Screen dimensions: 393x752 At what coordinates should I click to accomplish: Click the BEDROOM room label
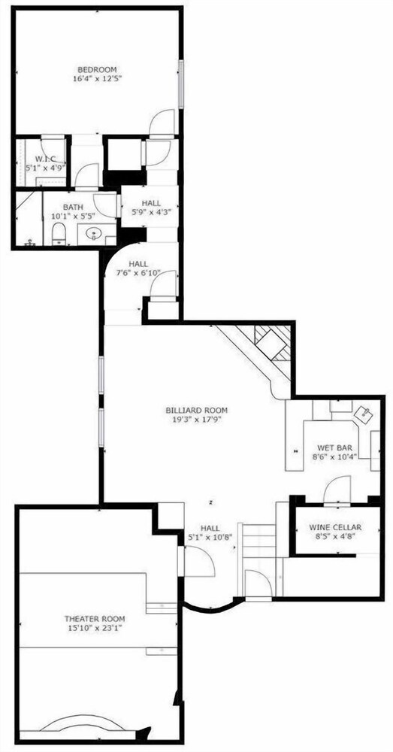click(x=97, y=69)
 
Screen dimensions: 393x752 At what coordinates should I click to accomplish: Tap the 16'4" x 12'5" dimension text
click(x=97, y=79)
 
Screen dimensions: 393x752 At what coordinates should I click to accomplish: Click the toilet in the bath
click(x=59, y=234)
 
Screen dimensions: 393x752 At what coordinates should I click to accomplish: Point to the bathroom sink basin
click(x=94, y=234)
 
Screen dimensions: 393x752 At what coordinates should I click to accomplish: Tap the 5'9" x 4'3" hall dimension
click(x=151, y=211)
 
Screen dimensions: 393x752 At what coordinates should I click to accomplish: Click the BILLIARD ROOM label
click(x=197, y=410)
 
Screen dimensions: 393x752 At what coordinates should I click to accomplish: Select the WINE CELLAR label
click(x=335, y=527)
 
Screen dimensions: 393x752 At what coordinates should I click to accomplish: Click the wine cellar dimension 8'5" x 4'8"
click(x=335, y=537)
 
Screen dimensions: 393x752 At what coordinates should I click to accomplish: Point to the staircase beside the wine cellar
click(x=259, y=547)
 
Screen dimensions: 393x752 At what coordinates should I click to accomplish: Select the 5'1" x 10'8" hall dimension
click(x=211, y=537)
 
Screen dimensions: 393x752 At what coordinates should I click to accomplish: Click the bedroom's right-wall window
click(x=182, y=84)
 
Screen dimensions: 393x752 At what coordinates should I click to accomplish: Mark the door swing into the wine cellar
click(x=337, y=490)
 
